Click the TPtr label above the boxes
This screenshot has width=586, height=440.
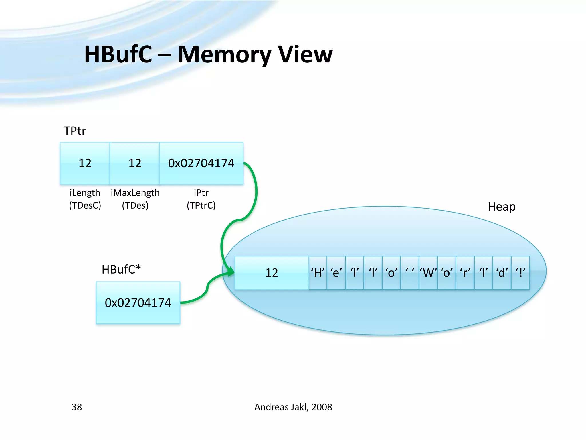(75, 131)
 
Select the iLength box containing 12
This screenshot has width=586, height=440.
(85, 163)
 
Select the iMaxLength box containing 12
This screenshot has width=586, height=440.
(135, 163)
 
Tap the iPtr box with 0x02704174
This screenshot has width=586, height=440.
(201, 163)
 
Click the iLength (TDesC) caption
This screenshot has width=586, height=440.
(85, 199)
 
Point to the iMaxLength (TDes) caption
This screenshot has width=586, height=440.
(135, 199)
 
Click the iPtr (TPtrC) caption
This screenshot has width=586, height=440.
(201, 199)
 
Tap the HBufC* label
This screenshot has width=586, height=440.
(121, 270)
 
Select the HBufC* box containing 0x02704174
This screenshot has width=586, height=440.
(138, 303)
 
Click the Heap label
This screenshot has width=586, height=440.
(502, 207)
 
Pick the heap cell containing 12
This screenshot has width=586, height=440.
(272, 273)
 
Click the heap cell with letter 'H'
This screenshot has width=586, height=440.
(318, 273)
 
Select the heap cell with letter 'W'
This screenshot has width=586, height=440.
(428, 273)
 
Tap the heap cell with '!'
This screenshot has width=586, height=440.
(520, 273)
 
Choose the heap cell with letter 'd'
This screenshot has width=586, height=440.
(502, 273)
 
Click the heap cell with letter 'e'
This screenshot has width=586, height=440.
(336, 273)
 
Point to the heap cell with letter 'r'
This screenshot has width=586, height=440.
(465, 273)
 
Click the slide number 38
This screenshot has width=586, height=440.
(77, 407)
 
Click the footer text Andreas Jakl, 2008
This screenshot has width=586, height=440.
(293, 407)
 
